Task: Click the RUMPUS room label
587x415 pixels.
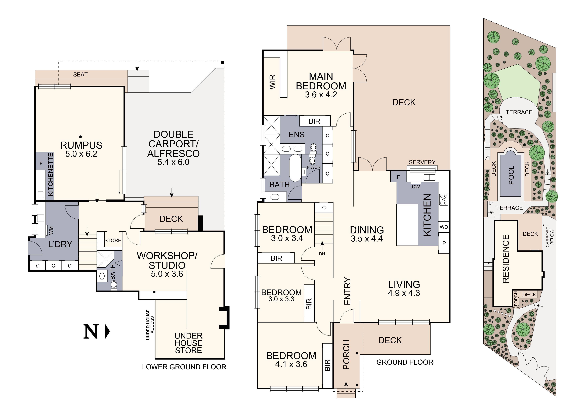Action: (81, 145)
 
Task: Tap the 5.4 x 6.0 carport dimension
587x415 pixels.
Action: (173, 162)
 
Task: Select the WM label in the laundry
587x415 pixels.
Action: (51, 230)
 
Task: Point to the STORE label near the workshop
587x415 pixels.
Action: (113, 240)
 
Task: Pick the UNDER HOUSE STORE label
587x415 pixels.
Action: (188, 343)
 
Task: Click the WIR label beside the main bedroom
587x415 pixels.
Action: (273, 82)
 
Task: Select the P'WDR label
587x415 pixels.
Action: (313, 167)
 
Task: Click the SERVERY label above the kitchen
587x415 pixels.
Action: (422, 162)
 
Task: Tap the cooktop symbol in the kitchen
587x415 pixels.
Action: (444, 200)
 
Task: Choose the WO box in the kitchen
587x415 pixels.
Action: (444, 227)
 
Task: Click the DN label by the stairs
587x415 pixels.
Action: (322, 254)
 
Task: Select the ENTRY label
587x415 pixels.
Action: (347, 291)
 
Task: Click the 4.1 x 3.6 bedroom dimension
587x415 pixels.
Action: (291, 364)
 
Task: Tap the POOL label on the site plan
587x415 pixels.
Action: (511, 175)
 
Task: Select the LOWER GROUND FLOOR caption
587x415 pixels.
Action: (184, 367)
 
